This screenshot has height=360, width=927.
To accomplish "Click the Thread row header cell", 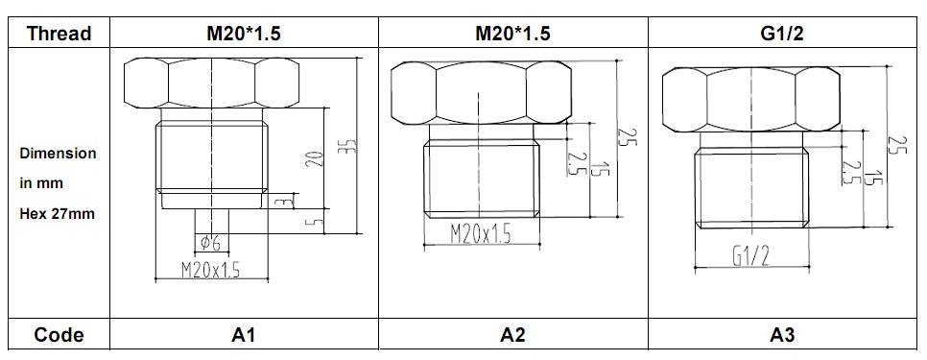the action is pos(59,33).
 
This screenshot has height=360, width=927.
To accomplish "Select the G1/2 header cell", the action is pos(781,33).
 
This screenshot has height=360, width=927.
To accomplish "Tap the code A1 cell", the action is pos(244,335).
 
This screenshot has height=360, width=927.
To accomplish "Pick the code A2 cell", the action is pos(513,335).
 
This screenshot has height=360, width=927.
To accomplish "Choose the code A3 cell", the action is pos(781,335).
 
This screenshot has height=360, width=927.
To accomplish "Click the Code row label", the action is pos(59,335).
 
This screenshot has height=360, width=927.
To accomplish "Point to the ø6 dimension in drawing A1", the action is pos(211,242).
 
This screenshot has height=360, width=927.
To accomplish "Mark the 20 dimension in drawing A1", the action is pos(317,159).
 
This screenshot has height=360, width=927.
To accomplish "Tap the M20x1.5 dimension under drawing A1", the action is pos(210,270).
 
